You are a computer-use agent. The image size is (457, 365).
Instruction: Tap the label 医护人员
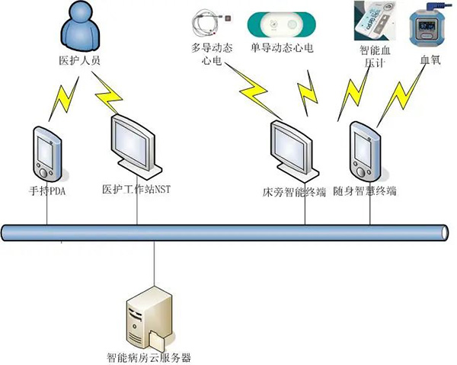pos(79,59)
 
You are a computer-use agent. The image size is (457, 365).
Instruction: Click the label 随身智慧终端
pos(366,191)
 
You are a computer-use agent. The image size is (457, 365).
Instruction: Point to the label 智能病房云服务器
pos(149,357)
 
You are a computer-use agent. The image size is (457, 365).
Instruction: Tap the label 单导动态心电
pos(282,48)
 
